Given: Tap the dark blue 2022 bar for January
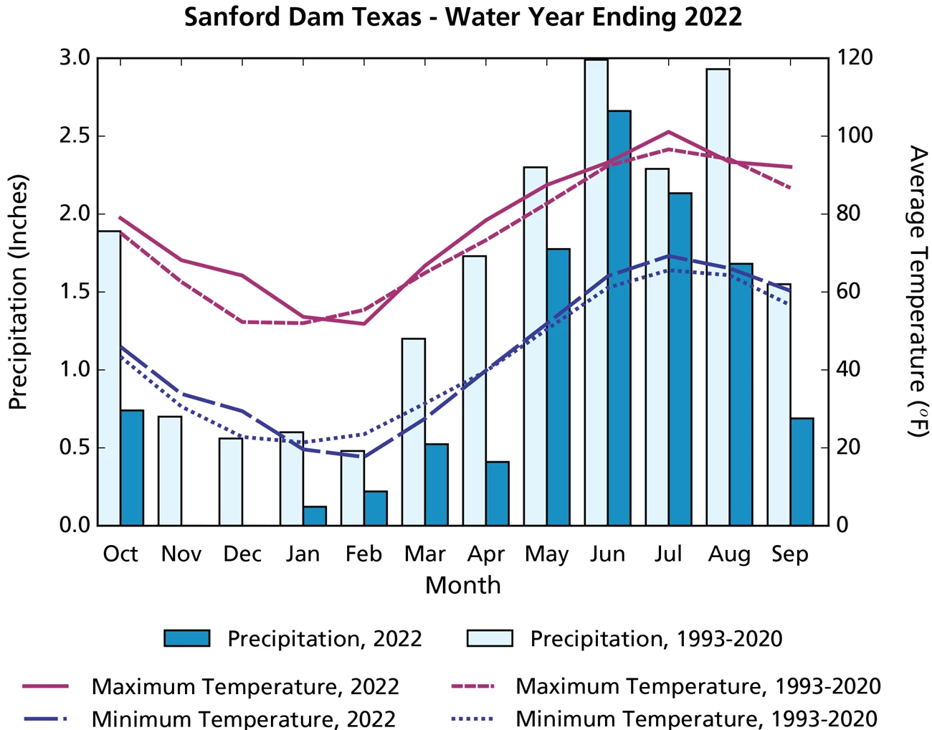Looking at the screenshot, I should pos(315,516).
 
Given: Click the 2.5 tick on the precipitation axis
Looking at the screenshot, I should pos(74,136).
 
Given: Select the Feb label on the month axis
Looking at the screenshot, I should pos(363,554).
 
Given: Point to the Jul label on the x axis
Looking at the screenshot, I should pos(668,554).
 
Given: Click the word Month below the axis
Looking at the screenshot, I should pos(462,585).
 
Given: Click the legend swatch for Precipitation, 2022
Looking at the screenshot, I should pos(187,638).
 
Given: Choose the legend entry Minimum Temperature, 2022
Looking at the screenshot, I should pos(243,718).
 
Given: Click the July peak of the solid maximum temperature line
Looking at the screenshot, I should pos(668,132).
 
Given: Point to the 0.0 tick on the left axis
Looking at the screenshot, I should pos(74,526).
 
